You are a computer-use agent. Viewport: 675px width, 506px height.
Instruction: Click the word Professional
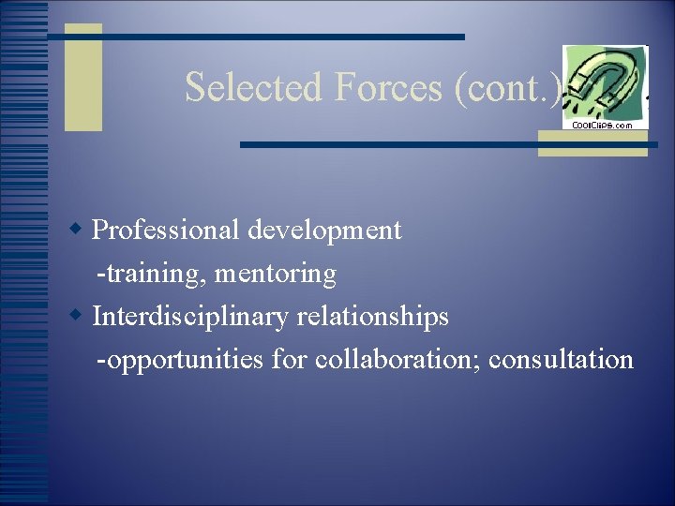point(165,231)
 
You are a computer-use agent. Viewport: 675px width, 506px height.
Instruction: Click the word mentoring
point(276,274)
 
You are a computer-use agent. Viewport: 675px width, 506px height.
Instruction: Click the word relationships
point(373,317)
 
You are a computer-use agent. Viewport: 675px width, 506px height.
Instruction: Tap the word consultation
point(562,360)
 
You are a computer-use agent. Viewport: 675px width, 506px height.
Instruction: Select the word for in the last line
point(290,360)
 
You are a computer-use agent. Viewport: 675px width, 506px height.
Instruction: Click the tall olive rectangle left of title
point(82,77)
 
